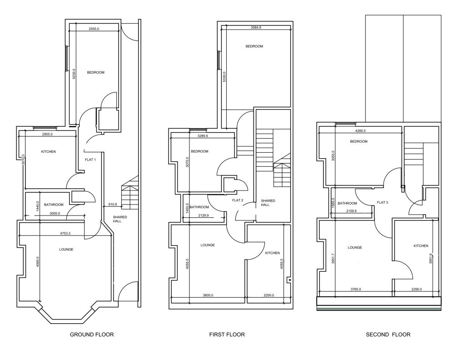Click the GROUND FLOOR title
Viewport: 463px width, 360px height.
click(x=92, y=335)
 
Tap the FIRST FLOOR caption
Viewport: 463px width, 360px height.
click(x=227, y=335)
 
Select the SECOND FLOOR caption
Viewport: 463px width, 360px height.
click(x=388, y=335)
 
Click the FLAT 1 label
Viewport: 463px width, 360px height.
click(x=90, y=160)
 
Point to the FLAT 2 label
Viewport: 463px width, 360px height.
click(x=238, y=200)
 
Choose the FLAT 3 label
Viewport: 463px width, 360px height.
click(x=383, y=203)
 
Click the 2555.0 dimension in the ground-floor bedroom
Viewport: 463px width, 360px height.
click(x=94, y=29)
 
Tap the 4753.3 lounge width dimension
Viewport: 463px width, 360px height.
click(x=65, y=233)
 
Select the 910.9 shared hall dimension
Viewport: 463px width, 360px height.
click(x=113, y=204)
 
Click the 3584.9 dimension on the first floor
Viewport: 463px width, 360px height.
click(x=256, y=27)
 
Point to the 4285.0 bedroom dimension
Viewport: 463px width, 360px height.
click(x=360, y=131)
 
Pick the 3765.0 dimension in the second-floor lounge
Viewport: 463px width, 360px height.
click(x=355, y=290)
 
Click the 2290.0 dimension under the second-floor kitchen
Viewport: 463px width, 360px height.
click(x=416, y=290)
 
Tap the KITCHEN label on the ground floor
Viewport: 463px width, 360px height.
click(x=48, y=152)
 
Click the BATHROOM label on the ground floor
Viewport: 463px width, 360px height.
click(x=54, y=205)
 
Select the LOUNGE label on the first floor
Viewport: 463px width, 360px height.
click(x=208, y=245)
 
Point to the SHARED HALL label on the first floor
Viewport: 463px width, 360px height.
click(x=268, y=203)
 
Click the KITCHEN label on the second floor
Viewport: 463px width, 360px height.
click(x=421, y=246)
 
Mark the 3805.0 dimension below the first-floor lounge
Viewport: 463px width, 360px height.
click(x=208, y=295)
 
